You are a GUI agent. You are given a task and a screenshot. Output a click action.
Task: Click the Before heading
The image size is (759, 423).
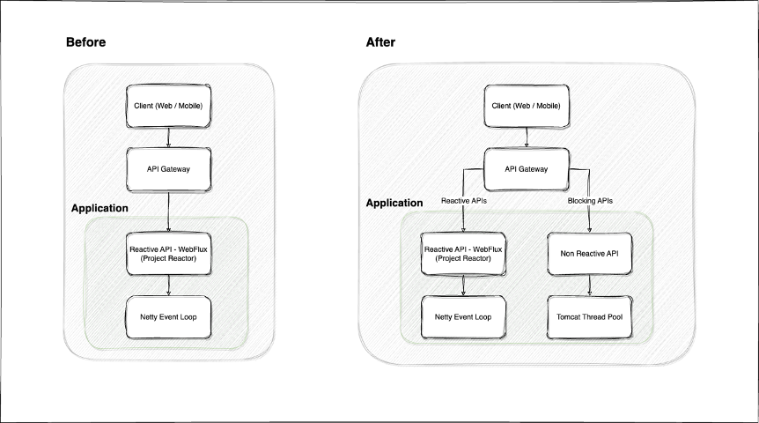pyautogui.click(x=86, y=42)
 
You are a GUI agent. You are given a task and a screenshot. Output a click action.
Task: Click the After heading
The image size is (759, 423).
pyautogui.click(x=380, y=42)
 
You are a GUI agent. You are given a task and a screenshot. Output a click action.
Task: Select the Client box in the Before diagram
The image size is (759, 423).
pyautogui.click(x=167, y=106)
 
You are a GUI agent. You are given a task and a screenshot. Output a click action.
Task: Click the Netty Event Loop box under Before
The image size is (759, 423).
pyautogui.click(x=167, y=315)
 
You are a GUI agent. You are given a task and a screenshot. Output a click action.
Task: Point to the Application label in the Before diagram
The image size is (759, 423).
pyautogui.click(x=99, y=208)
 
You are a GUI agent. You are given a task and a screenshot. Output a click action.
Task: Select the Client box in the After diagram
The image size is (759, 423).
pyautogui.click(x=526, y=106)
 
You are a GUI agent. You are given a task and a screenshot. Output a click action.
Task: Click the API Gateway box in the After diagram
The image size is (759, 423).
pyautogui.click(x=526, y=169)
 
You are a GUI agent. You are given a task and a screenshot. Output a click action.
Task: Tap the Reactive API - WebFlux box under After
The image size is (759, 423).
pyautogui.click(x=463, y=253)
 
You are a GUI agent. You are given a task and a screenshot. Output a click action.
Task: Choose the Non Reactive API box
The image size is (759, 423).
pyautogui.click(x=589, y=253)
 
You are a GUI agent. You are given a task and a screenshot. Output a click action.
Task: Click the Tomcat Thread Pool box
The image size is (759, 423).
pyautogui.click(x=589, y=315)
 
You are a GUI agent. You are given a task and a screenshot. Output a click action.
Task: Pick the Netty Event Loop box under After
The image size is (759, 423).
pyautogui.click(x=463, y=315)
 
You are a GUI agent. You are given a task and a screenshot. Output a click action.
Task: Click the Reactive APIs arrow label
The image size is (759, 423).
pyautogui.click(x=463, y=202)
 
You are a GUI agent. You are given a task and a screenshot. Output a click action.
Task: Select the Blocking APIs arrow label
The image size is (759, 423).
pyautogui.click(x=589, y=202)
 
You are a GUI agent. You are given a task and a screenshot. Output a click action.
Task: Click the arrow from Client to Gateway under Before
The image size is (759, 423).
pyautogui.click(x=167, y=137)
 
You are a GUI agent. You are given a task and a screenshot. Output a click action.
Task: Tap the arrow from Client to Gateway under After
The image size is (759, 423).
pyautogui.click(x=526, y=137)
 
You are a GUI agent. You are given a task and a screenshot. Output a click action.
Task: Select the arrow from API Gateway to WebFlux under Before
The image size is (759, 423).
pyautogui.click(x=167, y=210)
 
